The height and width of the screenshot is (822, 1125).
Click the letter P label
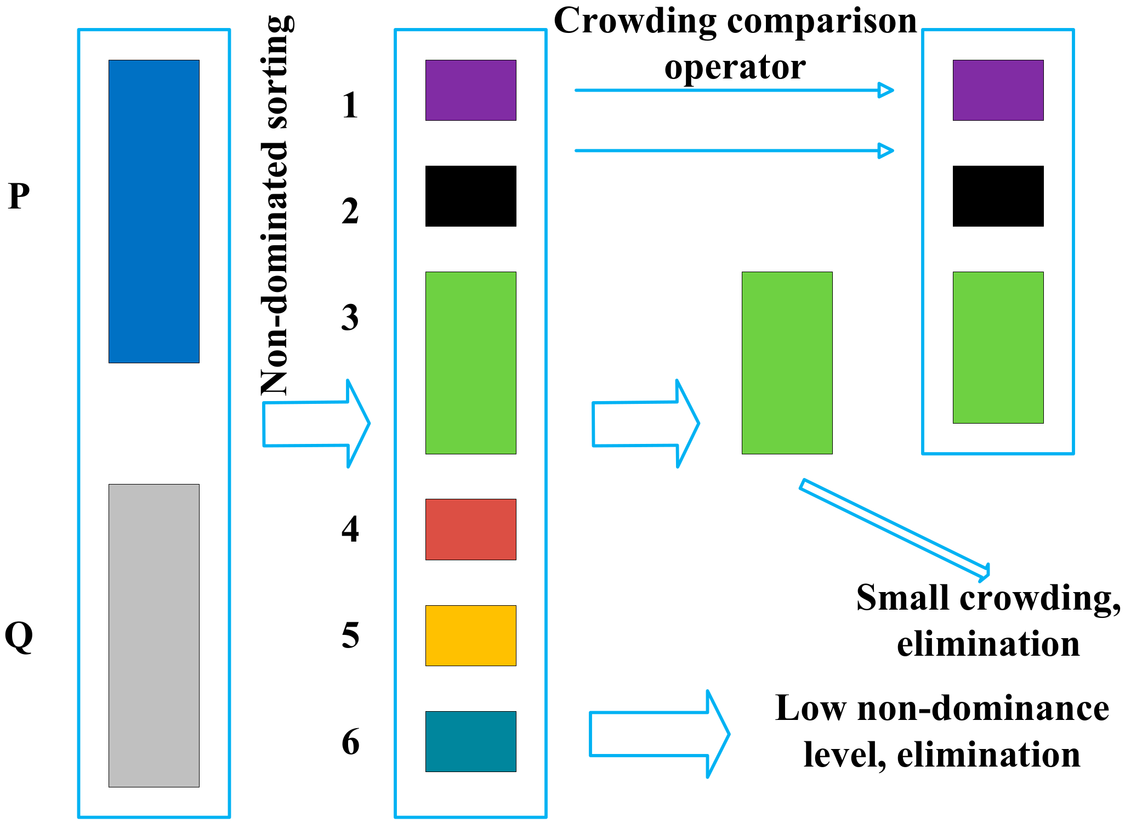19,196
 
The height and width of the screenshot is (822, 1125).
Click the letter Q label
19,637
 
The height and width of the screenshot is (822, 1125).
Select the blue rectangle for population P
154,211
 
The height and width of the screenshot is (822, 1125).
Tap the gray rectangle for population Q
154,635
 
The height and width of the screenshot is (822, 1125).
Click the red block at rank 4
470,529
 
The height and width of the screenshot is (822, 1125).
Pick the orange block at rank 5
470,635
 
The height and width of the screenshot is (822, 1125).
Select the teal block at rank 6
470,741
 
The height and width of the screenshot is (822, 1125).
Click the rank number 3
350,317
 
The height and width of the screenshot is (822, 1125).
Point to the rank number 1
350,105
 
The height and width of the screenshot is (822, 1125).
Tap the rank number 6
350,742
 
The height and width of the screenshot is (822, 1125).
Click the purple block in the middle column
470,90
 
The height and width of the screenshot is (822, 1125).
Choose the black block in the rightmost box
998,196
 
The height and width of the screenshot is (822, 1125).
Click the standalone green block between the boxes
787,363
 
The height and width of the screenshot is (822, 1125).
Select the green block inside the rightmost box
998,347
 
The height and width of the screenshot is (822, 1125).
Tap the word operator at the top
735,67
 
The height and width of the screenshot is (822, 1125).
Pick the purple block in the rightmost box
998,90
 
